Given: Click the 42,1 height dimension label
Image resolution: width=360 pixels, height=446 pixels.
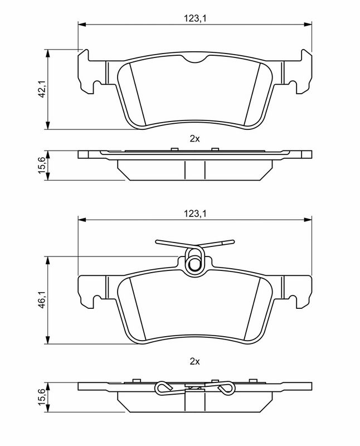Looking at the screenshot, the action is click(x=43, y=89).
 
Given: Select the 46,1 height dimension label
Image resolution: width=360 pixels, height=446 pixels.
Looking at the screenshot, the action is click(x=43, y=299).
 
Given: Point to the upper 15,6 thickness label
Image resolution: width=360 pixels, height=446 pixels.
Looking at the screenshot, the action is click(x=43, y=166).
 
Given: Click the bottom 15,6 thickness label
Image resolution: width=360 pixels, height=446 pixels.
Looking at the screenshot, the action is click(x=43, y=397).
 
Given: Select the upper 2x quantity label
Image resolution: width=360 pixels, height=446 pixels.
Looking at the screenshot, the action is click(x=195, y=139).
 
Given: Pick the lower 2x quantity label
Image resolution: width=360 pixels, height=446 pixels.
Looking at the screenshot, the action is click(x=195, y=361).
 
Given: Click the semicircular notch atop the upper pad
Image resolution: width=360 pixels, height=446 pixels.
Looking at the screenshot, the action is click(x=195, y=59).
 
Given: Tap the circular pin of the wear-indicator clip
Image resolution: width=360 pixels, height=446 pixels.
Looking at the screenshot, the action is click(x=195, y=264).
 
